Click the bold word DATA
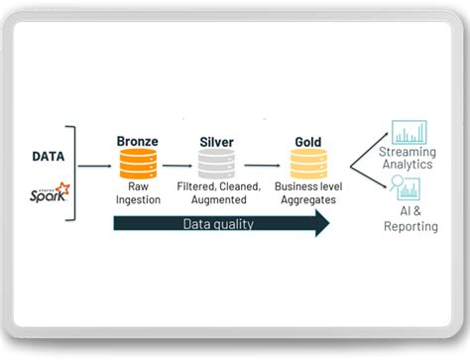(50, 156)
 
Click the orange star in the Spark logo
(62, 186)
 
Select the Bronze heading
(138, 142)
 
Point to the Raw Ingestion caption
(138, 193)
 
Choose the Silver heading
(218, 142)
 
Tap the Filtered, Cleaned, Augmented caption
(218, 193)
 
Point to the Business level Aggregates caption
(310, 193)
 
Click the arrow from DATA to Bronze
(95, 167)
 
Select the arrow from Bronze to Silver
(177, 167)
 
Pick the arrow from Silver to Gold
(263, 167)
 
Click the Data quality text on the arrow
(218, 224)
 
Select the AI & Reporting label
(411, 219)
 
